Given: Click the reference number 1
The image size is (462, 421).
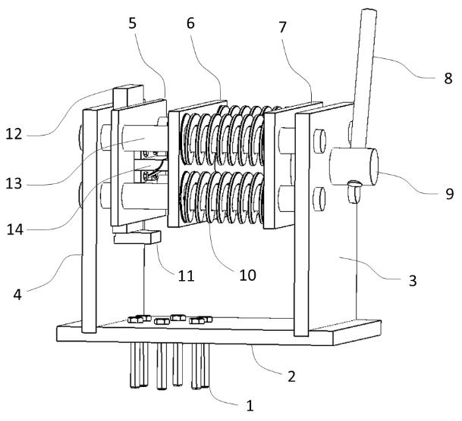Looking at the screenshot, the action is click(250, 406).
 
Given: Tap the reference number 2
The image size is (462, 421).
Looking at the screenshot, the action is click(291, 376).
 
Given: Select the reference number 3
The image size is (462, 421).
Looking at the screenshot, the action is click(413, 280).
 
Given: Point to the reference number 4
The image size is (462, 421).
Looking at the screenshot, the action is click(17, 294).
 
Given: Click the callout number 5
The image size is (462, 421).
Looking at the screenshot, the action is click(133, 23).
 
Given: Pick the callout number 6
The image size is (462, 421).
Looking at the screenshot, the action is click(190, 23).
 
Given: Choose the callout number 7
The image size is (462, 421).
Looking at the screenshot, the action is click(282, 27).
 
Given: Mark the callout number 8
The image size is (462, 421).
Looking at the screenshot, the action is click(448, 79).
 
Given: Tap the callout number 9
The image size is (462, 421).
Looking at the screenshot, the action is click(449, 194).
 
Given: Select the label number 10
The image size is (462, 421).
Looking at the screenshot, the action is click(247, 275).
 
